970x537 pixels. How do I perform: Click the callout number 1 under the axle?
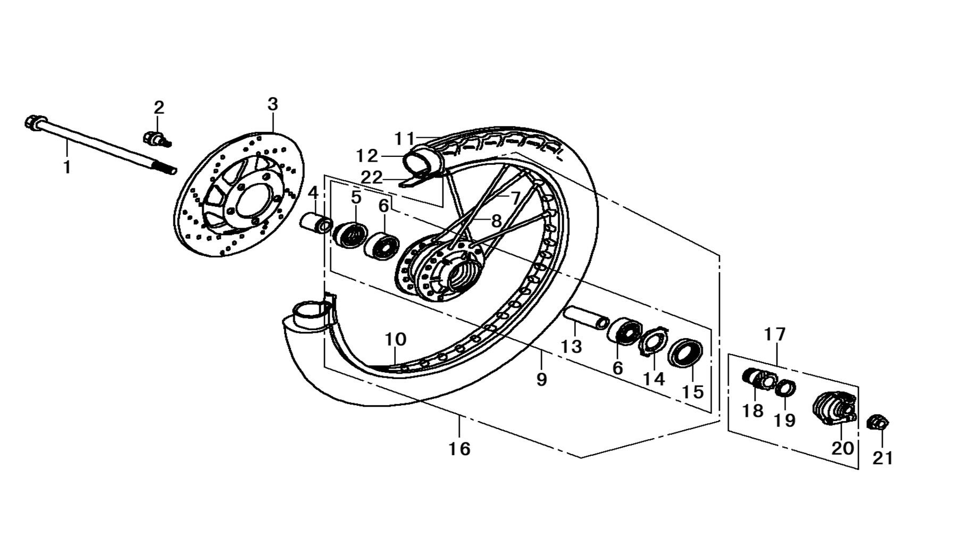(66, 167)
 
